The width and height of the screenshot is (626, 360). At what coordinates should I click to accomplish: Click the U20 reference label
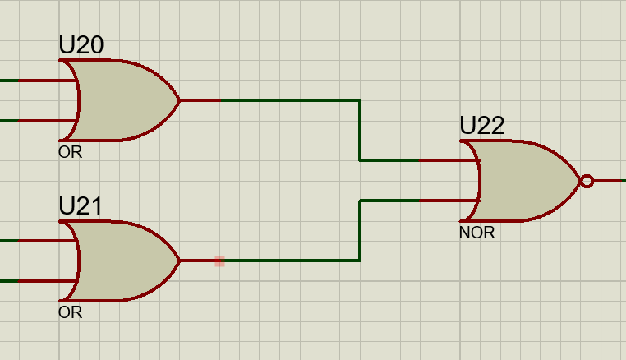click(x=81, y=44)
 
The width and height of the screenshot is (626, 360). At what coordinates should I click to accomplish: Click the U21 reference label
click(x=81, y=205)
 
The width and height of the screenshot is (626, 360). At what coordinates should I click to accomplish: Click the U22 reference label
click(x=482, y=126)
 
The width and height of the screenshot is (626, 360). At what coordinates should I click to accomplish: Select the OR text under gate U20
click(x=71, y=152)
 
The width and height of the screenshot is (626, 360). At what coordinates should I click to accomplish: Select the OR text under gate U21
click(x=71, y=312)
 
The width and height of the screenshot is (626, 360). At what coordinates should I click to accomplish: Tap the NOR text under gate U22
click(x=476, y=233)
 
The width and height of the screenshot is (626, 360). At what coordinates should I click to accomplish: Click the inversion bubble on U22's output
click(x=587, y=181)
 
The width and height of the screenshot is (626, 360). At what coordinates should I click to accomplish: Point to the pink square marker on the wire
click(x=219, y=261)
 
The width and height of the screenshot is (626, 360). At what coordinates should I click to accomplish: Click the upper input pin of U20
click(x=48, y=81)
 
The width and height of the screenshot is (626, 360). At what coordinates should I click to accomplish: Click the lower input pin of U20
click(x=48, y=121)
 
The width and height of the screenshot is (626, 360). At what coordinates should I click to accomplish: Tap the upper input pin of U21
click(x=48, y=241)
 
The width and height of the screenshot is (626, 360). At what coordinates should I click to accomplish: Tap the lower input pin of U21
click(x=48, y=281)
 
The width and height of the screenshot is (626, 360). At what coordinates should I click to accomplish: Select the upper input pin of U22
click(x=449, y=160)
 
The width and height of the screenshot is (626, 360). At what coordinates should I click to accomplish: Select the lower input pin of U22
click(x=449, y=201)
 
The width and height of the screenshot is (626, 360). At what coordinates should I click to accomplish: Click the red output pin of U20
click(x=200, y=100)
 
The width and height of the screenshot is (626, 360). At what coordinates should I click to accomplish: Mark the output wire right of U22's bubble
click(x=610, y=181)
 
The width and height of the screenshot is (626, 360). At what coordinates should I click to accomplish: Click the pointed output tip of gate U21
click(x=180, y=261)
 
